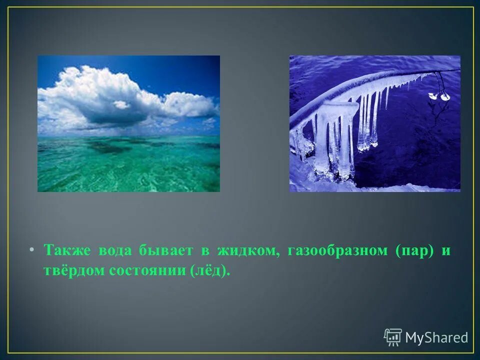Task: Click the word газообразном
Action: [x=337, y=251]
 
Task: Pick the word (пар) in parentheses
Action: [x=414, y=251]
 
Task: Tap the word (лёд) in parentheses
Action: [x=210, y=270]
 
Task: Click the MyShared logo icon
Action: [x=392, y=337]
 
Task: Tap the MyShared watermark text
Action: [x=436, y=338]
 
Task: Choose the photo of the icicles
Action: [x=374, y=123]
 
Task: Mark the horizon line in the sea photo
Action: [x=128, y=135]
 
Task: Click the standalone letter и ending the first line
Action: [x=445, y=251]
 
